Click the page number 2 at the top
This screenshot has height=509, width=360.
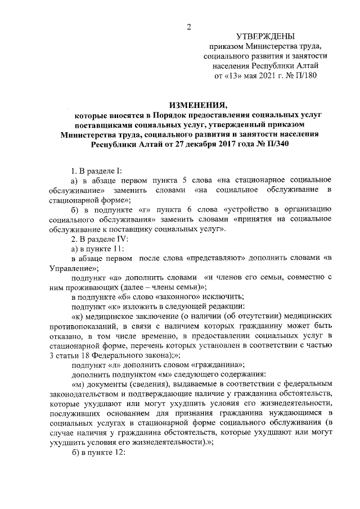(x=189, y=27)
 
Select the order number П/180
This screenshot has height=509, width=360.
(x=305, y=76)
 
